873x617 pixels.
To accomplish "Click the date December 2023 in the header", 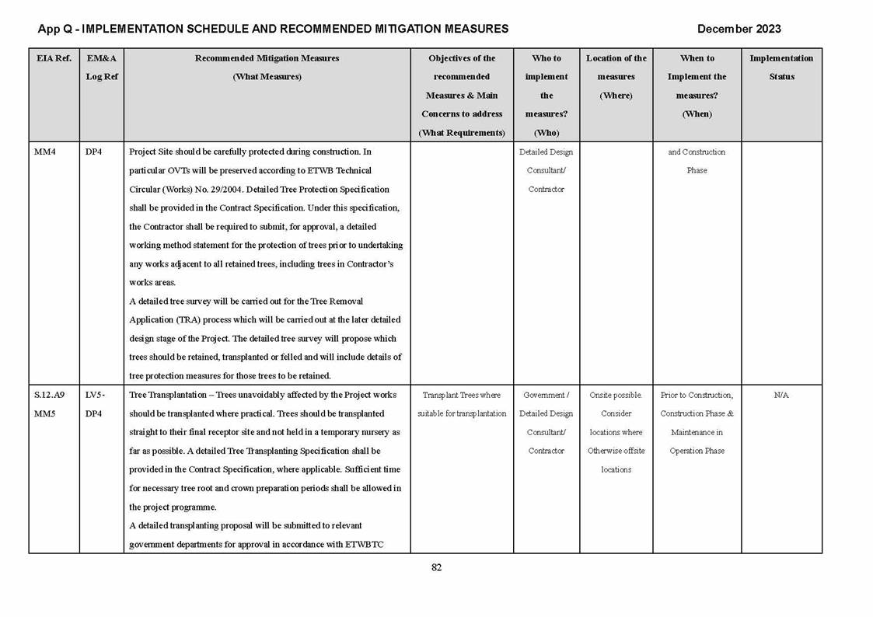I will coord(739,30).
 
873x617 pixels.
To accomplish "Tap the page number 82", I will coord(436,568).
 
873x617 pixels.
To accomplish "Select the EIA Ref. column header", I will coord(54,58).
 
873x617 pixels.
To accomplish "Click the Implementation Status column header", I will coord(780,68).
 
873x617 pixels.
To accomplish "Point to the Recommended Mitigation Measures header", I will coord(267,58).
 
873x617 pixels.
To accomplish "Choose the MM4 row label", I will coord(45,152).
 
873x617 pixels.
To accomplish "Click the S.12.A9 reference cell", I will coord(49,396).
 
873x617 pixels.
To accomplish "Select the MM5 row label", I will coord(45,414).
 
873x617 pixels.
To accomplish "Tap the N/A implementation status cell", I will coord(780,396).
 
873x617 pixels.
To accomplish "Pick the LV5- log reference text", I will coord(95,396).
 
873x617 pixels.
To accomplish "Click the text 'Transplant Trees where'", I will coord(461,396).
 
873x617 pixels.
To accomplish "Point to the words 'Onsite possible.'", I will coord(616,396).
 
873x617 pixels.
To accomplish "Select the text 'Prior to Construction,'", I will coord(697,396).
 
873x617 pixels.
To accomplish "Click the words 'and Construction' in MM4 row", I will coord(697,152).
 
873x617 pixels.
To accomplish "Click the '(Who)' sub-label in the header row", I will coord(546,133).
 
